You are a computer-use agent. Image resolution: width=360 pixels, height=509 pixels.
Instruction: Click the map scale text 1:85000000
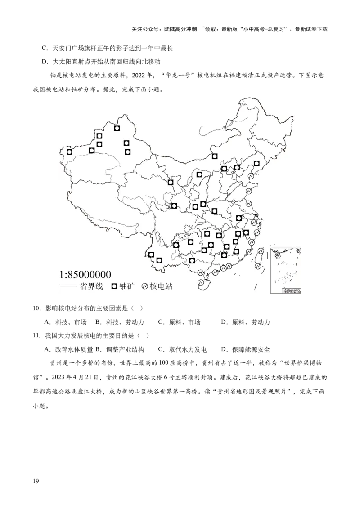coord(85,275)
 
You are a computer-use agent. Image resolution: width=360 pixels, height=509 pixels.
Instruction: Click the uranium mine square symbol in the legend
coord(114,286)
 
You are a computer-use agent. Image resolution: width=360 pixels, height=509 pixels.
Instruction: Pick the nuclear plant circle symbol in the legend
coord(145,286)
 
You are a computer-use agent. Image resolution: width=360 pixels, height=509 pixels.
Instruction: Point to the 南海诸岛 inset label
coord(292,291)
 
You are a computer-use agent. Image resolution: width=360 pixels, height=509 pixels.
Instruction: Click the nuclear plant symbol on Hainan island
coord(201,283)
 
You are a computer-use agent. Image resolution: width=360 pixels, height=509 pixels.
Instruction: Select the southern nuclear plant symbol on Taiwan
coord(256,267)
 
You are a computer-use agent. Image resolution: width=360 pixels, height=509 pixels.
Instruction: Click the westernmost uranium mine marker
coord(69,152)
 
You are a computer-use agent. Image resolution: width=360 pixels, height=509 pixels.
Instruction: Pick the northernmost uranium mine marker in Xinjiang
coord(117,128)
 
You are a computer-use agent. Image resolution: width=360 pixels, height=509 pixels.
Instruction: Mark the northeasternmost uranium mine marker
coord(256,164)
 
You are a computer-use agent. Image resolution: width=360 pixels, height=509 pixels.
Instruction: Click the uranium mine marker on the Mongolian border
coord(215,156)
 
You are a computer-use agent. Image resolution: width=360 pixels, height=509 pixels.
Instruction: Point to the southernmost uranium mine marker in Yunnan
coord(159,260)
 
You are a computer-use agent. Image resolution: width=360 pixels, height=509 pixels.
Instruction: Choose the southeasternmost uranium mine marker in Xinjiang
coord(128,152)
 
